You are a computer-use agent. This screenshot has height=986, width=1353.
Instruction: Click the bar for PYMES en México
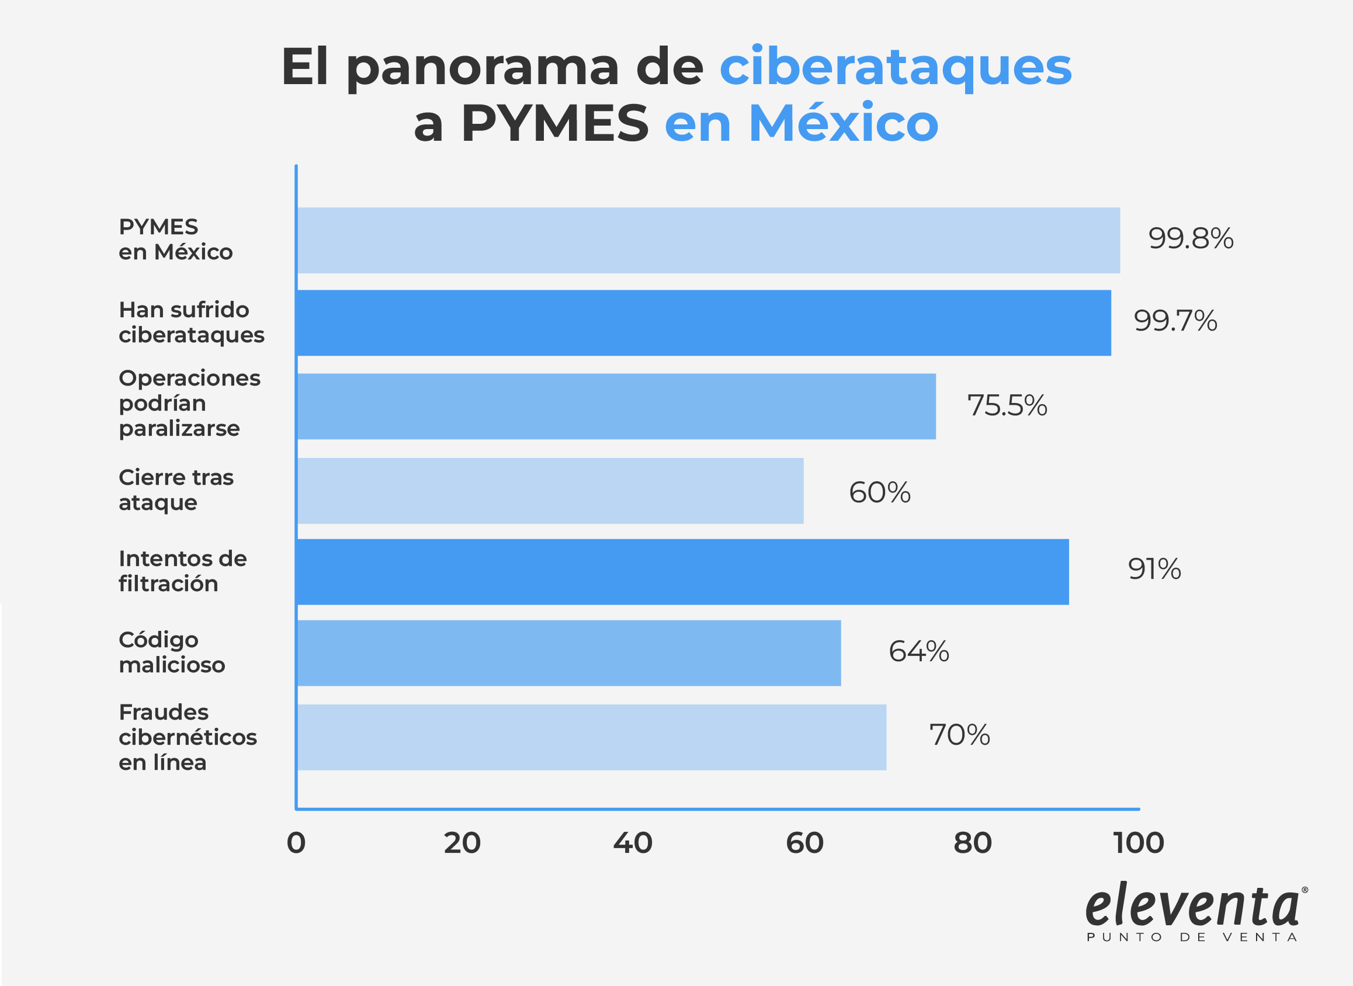709,240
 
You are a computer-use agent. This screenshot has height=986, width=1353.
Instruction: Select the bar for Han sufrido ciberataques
703,323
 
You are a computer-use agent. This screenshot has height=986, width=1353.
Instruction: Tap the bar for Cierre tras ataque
550,491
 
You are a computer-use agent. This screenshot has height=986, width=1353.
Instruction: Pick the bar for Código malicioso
569,653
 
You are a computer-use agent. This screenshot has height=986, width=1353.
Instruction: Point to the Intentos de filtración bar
683,572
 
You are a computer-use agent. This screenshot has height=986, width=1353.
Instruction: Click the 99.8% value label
1191,239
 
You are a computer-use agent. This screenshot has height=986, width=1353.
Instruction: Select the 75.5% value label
1007,406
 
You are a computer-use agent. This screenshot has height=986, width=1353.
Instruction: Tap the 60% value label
879,493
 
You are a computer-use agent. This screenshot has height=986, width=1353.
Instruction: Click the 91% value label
1154,569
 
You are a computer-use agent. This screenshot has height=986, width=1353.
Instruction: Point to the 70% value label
959,735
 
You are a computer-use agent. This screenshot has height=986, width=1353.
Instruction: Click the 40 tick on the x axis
633,843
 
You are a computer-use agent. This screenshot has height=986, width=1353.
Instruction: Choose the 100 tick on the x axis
1138,843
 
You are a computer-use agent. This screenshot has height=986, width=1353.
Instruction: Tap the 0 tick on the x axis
296,843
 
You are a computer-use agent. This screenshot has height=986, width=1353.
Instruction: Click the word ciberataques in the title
895,67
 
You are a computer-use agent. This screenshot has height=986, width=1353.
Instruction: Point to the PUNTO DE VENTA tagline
1192,938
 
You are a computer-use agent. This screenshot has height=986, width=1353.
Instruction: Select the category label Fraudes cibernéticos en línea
188,737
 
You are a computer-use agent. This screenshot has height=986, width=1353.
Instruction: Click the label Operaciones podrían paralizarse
189,404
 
